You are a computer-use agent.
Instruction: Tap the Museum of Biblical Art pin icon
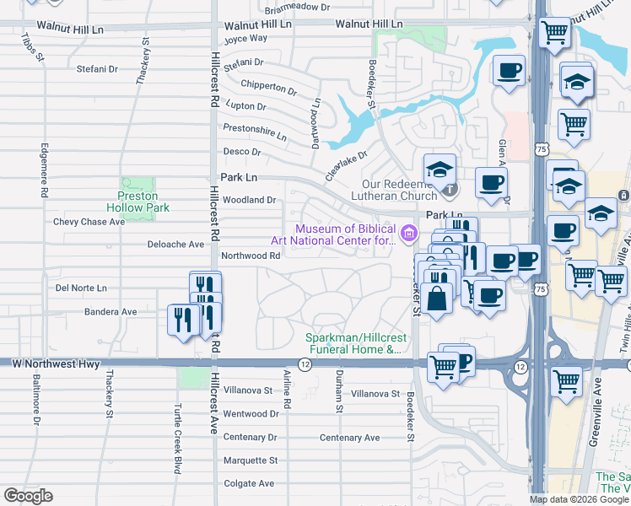pyautogui.click(x=409, y=233)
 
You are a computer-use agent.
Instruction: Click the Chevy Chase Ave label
pyautogui.click(x=89, y=222)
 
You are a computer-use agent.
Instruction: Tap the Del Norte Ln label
pyautogui.click(x=81, y=288)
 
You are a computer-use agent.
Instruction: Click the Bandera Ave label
pyautogui.click(x=111, y=311)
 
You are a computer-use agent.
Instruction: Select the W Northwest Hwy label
pyautogui.click(x=57, y=364)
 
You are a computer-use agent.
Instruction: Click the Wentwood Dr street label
pyautogui.click(x=251, y=414)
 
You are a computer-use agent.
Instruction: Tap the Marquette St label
pyautogui.click(x=251, y=460)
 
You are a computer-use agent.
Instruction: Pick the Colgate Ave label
pyautogui.click(x=249, y=483)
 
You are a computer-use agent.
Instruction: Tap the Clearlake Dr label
pyautogui.click(x=348, y=166)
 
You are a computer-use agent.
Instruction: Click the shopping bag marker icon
pyautogui.click(x=438, y=299)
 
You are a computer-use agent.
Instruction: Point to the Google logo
pyautogui.click(x=28, y=496)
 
